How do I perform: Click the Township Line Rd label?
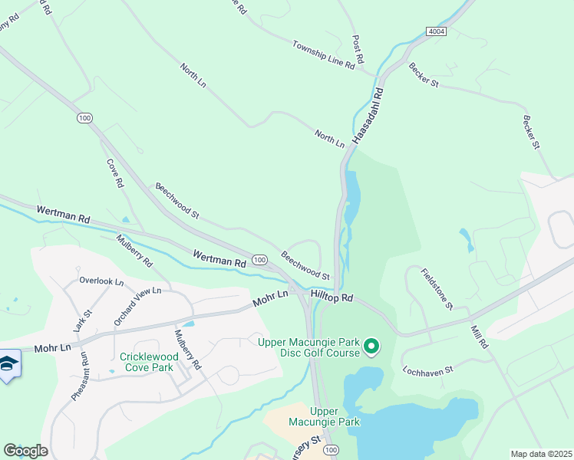323,55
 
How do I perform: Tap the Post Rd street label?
358,48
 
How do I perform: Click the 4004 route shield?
437,30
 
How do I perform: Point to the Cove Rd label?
114,173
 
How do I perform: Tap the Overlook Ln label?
101,281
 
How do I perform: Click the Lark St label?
82,320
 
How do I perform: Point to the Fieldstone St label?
436,289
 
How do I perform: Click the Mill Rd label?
480,337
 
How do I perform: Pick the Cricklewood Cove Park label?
150,362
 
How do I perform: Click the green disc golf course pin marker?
372,347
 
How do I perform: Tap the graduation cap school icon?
8,366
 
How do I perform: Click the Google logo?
25,451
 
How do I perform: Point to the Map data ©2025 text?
540,454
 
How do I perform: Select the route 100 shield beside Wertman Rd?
259,261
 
